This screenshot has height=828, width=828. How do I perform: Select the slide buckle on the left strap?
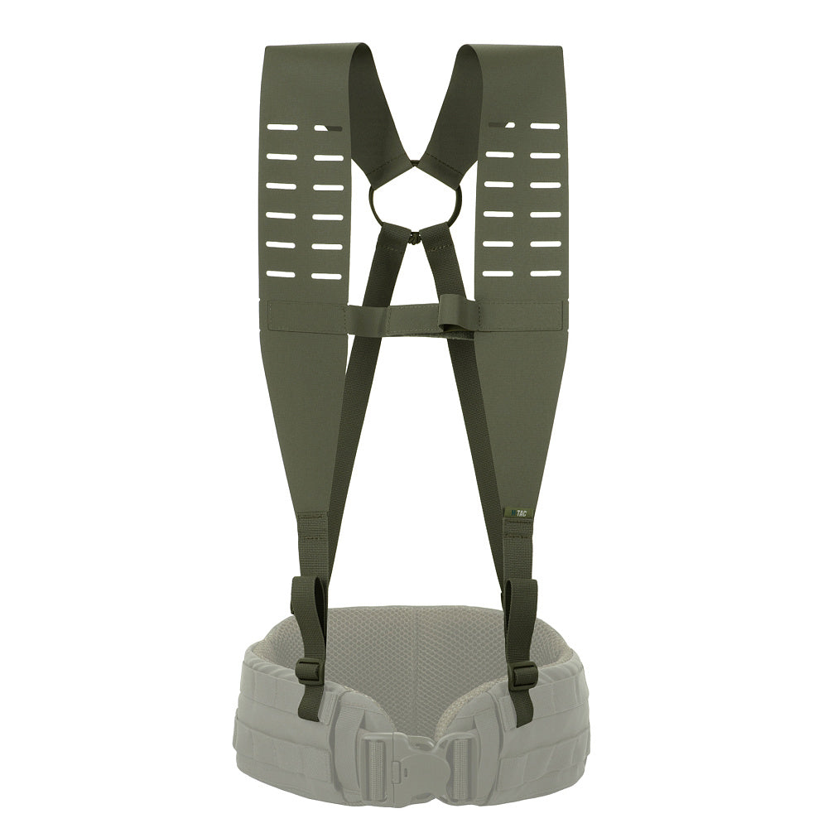coord(308,671)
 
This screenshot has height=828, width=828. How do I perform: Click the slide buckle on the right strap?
coord(523,676)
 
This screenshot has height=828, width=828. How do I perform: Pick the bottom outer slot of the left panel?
coord(282,274)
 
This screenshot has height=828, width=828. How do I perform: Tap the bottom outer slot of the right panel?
coord(545,273)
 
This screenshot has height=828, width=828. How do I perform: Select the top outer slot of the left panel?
coord(282,127)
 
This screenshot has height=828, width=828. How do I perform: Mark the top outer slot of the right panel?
coord(545,126)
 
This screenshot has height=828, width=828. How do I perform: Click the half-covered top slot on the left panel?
coord(329,128)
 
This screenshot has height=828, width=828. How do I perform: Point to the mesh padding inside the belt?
coord(414,646)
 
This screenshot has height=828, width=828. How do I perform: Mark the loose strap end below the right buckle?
coord(522,708)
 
